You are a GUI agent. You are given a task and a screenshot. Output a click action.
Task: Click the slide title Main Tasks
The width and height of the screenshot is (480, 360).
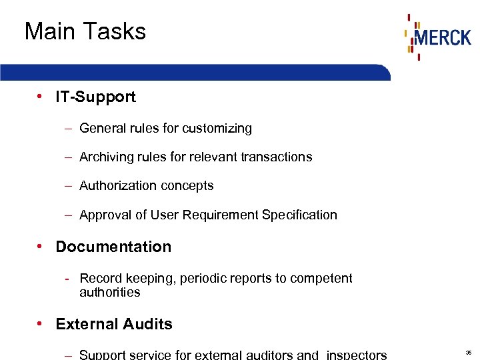(x=85, y=31)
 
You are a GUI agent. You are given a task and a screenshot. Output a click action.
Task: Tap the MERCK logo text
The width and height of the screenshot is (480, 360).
(x=442, y=37)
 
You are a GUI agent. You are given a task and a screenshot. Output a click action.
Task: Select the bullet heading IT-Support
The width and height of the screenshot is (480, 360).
(x=95, y=97)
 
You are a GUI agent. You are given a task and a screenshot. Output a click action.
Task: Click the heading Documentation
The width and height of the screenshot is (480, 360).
(x=113, y=247)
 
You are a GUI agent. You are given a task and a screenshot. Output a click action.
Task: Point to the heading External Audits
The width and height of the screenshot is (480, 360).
(x=114, y=325)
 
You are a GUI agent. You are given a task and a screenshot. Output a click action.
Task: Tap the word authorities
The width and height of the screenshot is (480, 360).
(x=110, y=293)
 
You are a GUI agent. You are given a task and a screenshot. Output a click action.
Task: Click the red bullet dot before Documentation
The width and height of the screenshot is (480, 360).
(x=41, y=246)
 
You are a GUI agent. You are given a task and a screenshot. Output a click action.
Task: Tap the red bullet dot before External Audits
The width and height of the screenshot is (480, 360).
(x=41, y=324)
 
